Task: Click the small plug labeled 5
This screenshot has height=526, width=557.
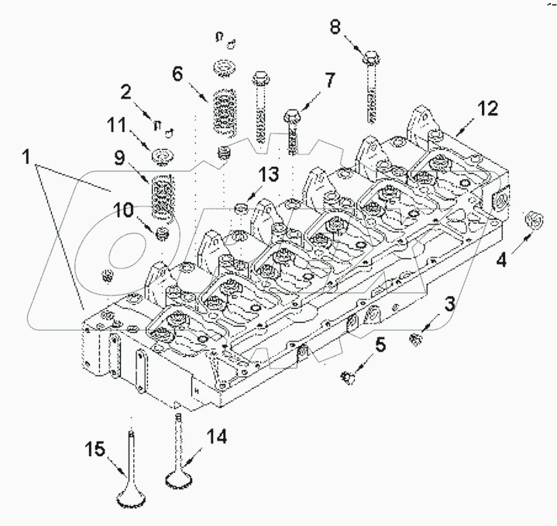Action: pos(348,377)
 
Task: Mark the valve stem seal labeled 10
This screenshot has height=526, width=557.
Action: pos(162,233)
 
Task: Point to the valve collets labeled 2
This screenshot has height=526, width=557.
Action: pos(162,124)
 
